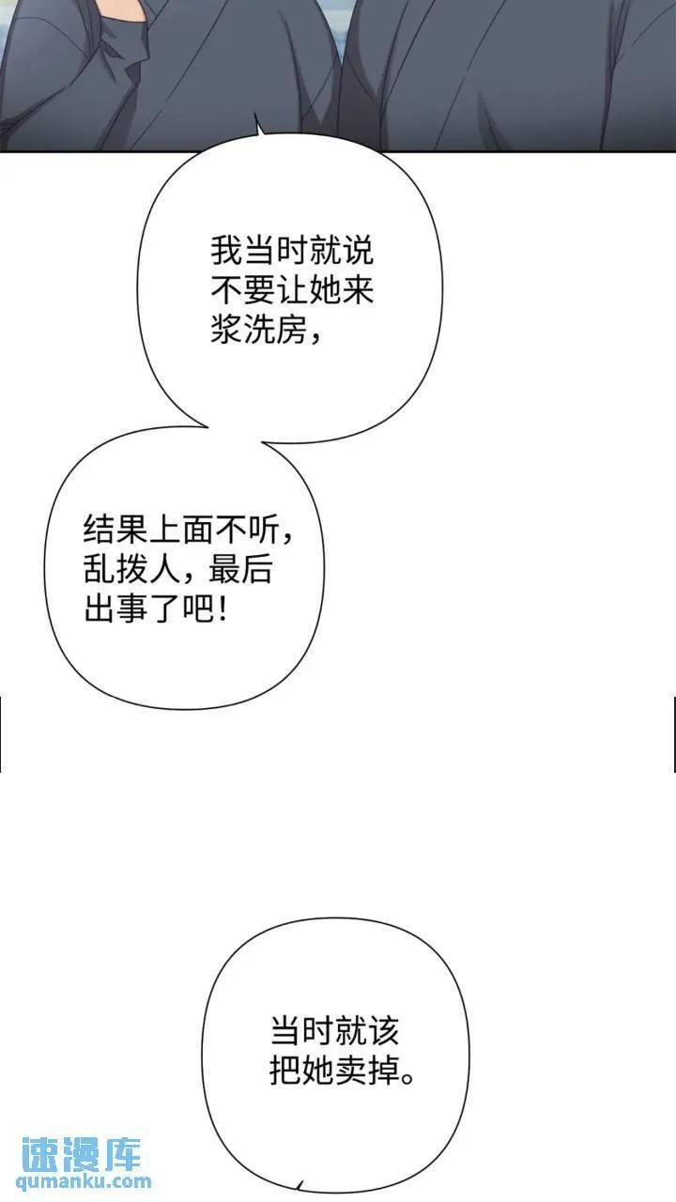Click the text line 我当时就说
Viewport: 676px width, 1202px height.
[291, 252]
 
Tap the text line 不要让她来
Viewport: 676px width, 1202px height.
[291, 291]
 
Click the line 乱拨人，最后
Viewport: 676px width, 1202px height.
[177, 571]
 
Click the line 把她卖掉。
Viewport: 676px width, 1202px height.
[343, 1071]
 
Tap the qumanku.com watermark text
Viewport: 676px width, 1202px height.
[84, 1182]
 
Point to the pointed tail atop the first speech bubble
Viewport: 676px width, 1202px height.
[257, 122]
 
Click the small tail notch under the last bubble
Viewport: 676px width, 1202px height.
[299, 1185]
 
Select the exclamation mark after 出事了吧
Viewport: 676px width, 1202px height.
[221, 610]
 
